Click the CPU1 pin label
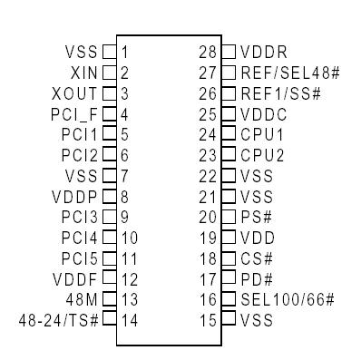click(259, 133)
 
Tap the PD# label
click(253, 277)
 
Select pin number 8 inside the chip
click(123, 195)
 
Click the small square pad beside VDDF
click(110, 277)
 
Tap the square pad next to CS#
click(230, 257)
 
